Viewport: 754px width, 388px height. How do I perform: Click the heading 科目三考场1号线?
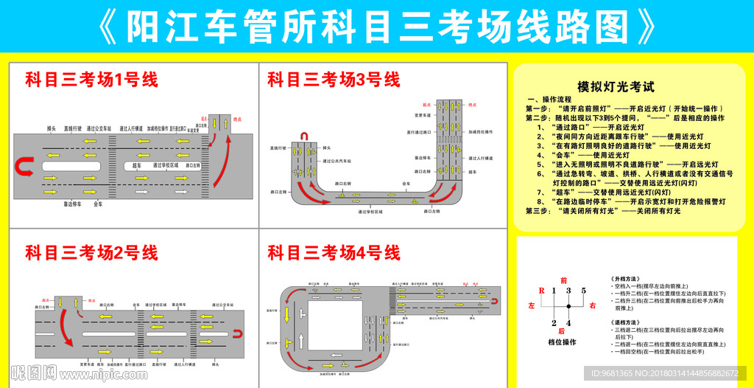tap(91, 80)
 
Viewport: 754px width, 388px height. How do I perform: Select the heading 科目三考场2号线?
tap(91, 253)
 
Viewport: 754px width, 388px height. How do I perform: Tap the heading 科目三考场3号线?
tap(334, 80)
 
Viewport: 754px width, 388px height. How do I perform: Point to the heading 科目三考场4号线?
tap(334, 253)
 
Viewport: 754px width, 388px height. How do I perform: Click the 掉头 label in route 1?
tap(52, 128)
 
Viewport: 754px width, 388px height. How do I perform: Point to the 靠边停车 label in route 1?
tap(72, 204)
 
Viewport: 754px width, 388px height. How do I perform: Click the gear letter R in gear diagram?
tap(542, 291)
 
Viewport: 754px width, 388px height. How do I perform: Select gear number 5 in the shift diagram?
tap(583, 291)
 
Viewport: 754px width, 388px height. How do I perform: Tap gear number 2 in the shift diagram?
tap(554, 322)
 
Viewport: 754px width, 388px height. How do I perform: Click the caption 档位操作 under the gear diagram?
tap(562, 342)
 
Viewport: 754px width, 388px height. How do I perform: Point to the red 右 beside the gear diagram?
tap(591, 305)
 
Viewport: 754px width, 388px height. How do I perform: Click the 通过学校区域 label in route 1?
tap(166, 166)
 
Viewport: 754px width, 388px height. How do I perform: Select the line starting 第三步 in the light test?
tap(602, 211)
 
